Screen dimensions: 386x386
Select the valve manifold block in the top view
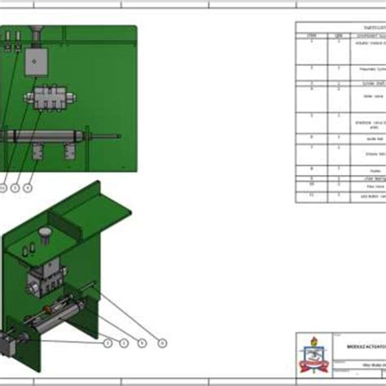[x=49, y=99]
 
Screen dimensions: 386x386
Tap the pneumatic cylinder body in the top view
[x=45, y=136]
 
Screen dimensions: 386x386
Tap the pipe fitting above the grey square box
[x=37, y=33]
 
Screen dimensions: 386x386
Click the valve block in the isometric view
[x=41, y=281]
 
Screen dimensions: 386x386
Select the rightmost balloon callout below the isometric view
[x=161, y=343]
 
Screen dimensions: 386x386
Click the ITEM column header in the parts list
[x=311, y=37]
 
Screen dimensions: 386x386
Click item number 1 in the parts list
[x=311, y=42]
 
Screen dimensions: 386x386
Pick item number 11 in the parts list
[x=311, y=195]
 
